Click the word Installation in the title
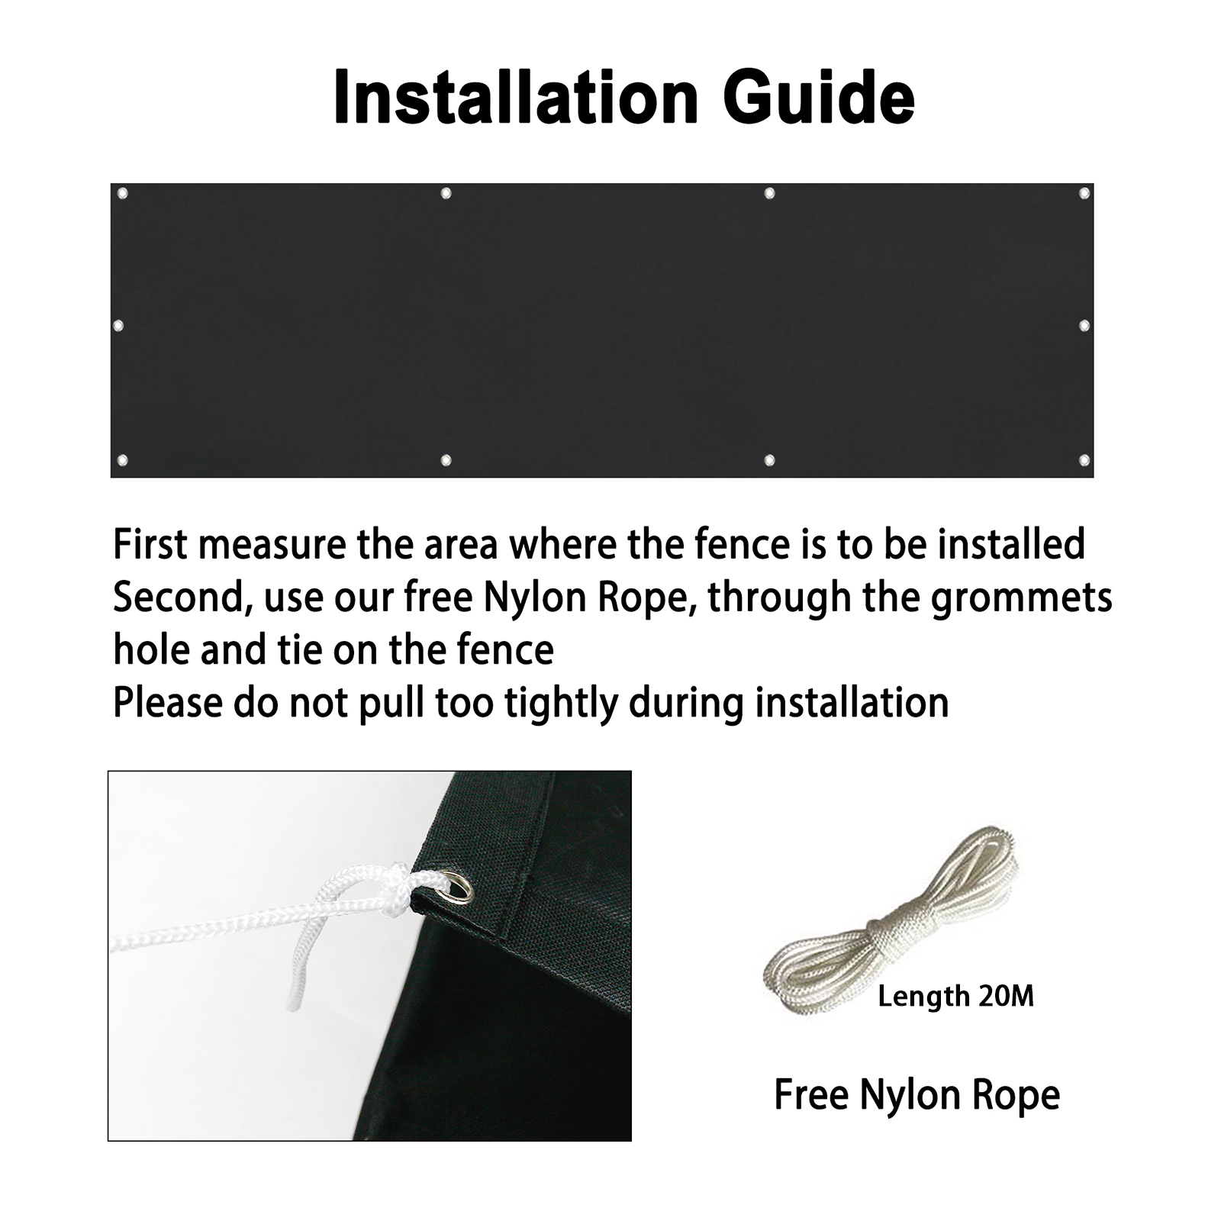point(516,97)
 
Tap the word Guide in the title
point(819,97)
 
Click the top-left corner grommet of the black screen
point(122,194)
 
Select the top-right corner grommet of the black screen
point(1084,194)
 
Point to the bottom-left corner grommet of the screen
point(122,460)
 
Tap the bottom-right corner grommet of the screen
point(1084,460)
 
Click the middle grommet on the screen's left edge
point(118,326)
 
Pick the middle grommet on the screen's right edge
point(1084,326)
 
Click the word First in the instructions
point(150,545)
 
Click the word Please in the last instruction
point(168,703)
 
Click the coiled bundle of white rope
point(893,916)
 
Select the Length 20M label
point(956,997)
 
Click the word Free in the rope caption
point(810,1095)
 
